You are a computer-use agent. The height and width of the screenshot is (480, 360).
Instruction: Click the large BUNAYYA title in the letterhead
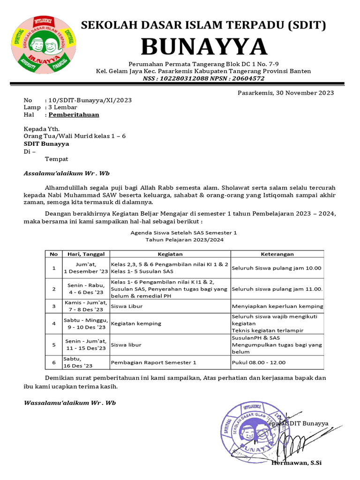pyautogui.click(x=204, y=46)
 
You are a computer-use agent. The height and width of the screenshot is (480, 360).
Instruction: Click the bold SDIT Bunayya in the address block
pyautogui.click(x=46, y=144)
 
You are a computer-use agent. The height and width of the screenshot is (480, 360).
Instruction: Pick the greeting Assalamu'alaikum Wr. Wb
pyautogui.click(x=67, y=173)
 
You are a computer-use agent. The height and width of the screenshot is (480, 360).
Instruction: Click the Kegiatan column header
pyautogui.click(x=170, y=254)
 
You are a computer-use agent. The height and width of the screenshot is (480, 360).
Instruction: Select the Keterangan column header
pyautogui.click(x=277, y=254)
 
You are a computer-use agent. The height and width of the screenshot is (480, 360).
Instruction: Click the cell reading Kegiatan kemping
pyautogui.click(x=136, y=323)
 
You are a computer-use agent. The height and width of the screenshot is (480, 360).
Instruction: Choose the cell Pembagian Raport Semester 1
pyautogui.click(x=153, y=362)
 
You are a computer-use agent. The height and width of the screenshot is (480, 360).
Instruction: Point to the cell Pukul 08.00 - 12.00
pyautogui.click(x=258, y=362)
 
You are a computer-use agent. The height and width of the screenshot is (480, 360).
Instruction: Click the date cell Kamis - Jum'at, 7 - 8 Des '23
pyautogui.click(x=85, y=306)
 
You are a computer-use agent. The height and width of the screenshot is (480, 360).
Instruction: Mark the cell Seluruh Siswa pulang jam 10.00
pyautogui.click(x=277, y=268)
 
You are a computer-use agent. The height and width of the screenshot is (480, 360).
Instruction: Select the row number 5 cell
pyautogui.click(x=54, y=345)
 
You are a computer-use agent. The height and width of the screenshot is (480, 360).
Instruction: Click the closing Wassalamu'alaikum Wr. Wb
pyautogui.click(x=70, y=403)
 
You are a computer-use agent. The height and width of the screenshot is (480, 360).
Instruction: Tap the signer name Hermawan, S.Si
pyautogui.click(x=296, y=463)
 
